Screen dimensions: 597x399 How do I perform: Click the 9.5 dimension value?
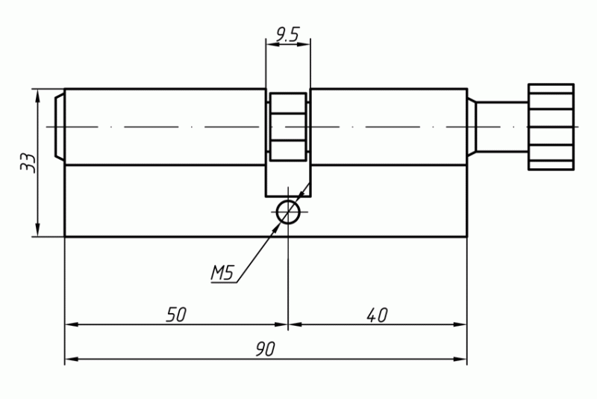tap(287, 34)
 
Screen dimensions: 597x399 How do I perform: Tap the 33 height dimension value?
tap(28, 163)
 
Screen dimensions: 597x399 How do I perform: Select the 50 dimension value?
tap(176, 315)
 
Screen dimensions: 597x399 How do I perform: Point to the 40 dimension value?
tap(377, 315)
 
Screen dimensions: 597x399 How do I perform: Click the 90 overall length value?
tap(265, 349)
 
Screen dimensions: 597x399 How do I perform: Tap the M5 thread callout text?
tap(222, 273)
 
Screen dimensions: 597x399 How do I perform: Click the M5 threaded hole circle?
tap(288, 212)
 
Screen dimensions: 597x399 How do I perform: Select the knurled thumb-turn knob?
tap(551, 127)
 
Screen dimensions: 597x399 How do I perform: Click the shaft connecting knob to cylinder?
tap(502, 127)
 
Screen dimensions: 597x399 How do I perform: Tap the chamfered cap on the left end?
tap(60, 127)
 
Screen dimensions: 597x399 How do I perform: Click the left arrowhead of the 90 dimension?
tap(72, 359)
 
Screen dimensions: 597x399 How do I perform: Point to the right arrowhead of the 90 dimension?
tap(460, 359)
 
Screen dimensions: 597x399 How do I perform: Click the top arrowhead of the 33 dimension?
tap(37, 97)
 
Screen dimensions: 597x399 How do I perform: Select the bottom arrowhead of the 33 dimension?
tap(37, 229)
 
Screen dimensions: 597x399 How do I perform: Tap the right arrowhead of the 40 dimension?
tap(460, 325)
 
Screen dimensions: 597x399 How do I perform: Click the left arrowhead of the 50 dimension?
tap(72, 325)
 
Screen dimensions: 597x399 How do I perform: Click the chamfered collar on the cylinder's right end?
tap(472, 127)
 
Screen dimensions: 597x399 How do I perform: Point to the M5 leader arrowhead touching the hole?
tap(276, 226)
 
